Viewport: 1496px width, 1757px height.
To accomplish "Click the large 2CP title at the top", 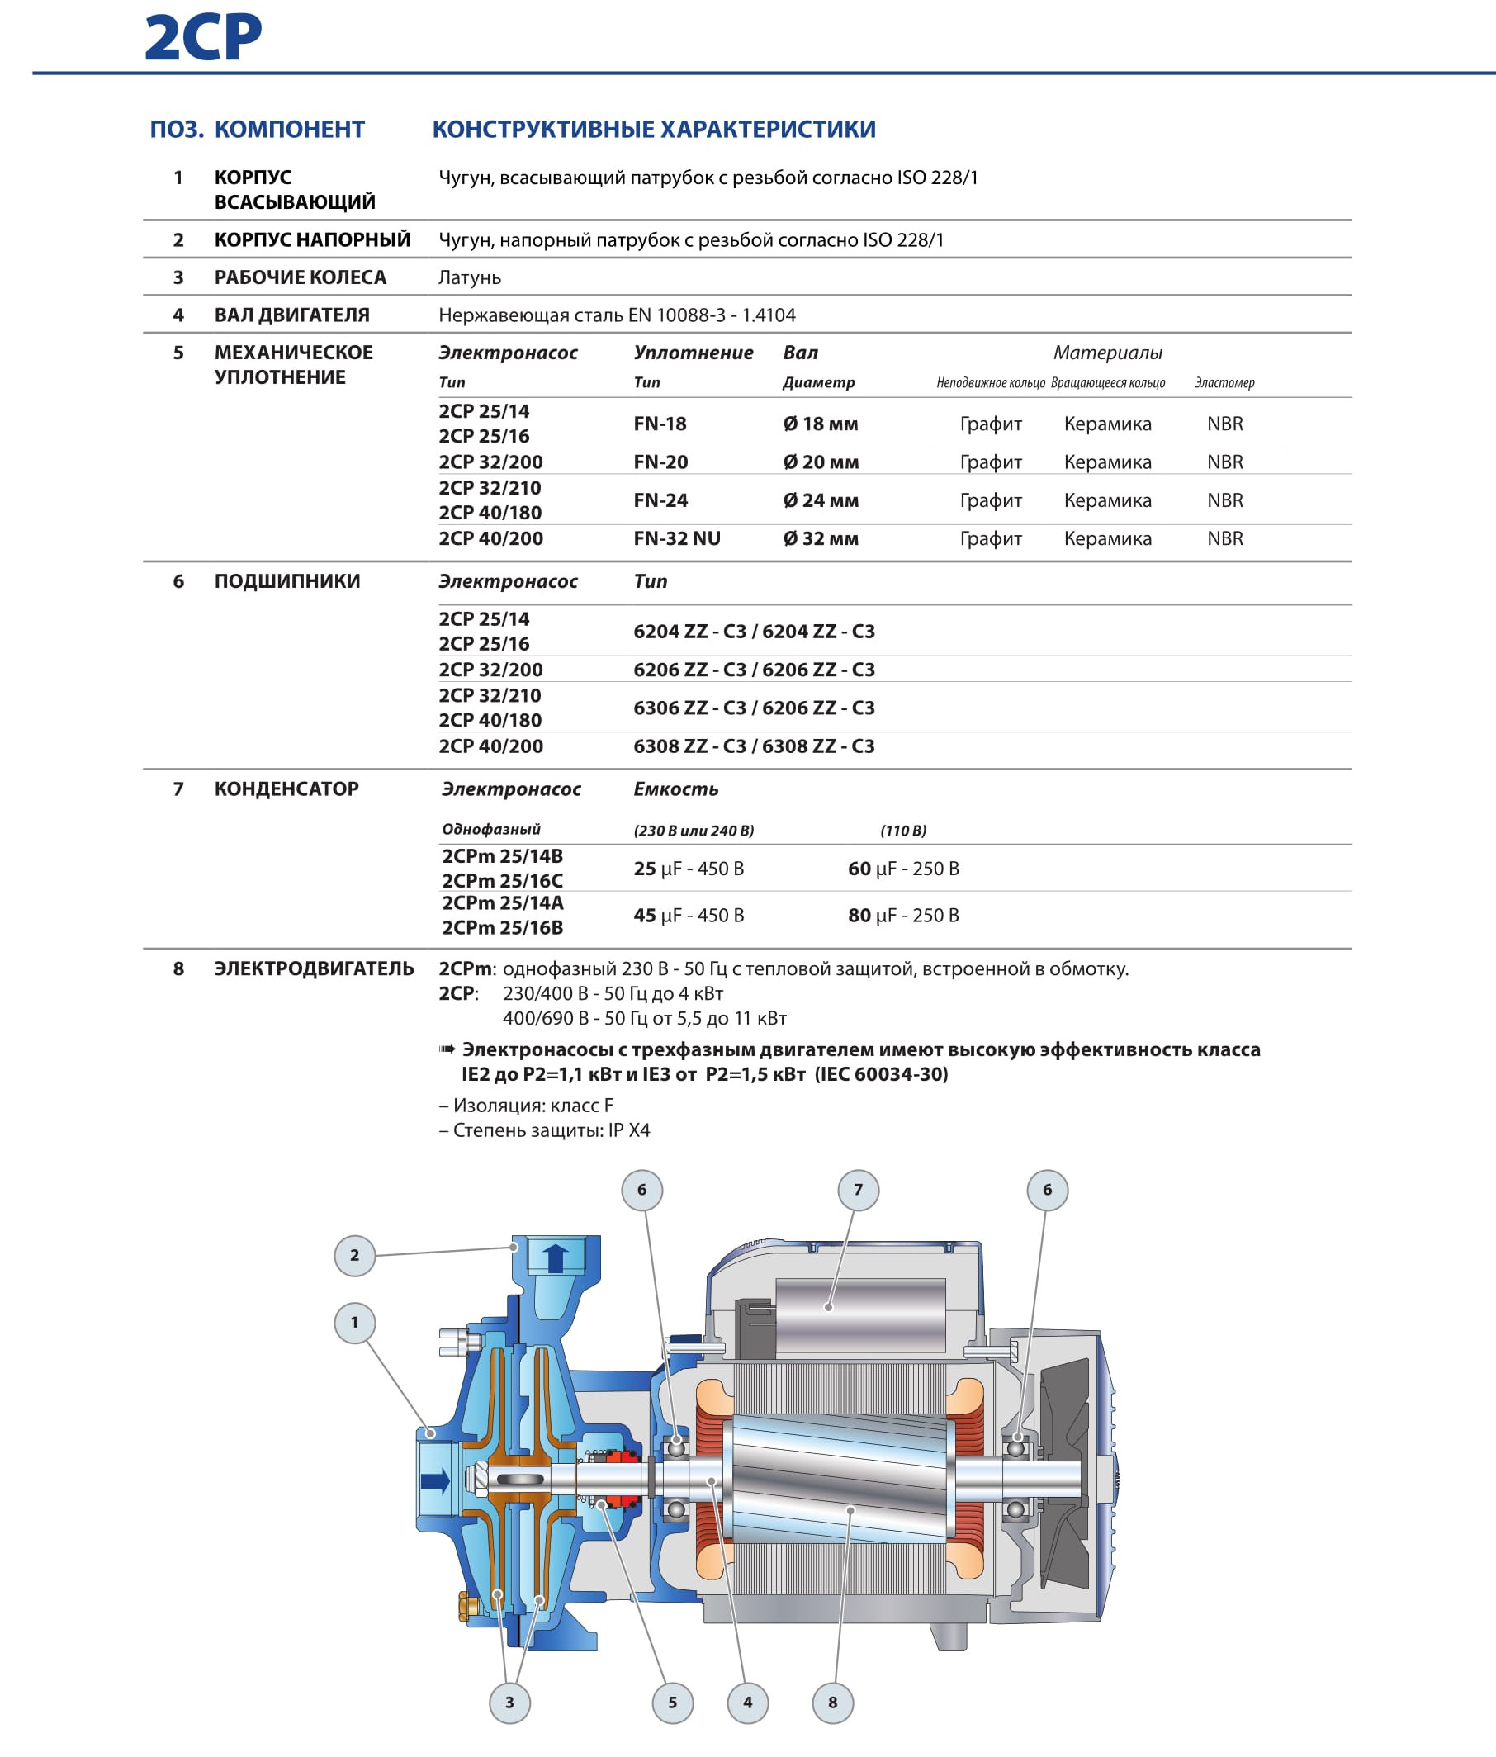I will (203, 38).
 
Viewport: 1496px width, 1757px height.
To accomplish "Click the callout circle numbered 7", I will (859, 1190).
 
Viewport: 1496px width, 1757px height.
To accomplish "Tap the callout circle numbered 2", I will (354, 1255).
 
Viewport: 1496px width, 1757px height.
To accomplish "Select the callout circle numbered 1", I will (354, 1322).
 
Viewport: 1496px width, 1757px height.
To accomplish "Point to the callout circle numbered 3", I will (509, 1702).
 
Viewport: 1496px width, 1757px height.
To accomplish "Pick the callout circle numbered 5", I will (673, 1702).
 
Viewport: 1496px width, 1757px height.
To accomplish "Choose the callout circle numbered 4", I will (747, 1702).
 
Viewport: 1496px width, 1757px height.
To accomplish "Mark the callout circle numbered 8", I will (833, 1702).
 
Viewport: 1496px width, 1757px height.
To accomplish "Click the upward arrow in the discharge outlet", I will (556, 1258).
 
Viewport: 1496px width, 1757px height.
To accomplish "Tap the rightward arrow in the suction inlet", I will (435, 1481).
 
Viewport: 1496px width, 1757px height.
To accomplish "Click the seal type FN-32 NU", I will (677, 538).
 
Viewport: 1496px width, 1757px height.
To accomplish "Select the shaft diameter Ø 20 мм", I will (820, 462).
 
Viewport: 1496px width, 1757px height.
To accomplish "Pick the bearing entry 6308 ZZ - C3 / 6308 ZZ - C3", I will (754, 746).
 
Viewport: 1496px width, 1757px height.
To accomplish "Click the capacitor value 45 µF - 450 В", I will (689, 915).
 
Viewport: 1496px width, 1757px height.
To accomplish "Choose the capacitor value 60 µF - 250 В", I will (903, 869).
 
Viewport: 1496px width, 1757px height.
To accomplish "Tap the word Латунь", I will (470, 277).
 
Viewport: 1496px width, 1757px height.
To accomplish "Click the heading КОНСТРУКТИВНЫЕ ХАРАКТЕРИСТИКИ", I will (654, 129).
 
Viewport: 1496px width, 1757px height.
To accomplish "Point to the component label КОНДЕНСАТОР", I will (286, 789).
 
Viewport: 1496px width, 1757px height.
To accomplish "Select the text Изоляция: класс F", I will (532, 1105).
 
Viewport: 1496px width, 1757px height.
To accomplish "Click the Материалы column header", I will (1108, 353).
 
